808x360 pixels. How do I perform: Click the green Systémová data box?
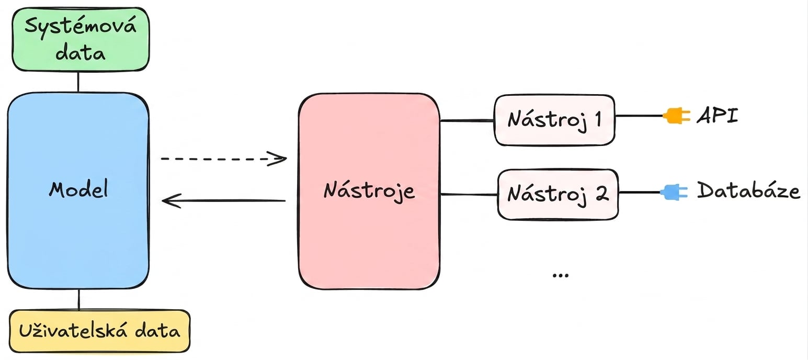[x=81, y=39]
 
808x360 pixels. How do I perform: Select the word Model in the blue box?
[x=78, y=189]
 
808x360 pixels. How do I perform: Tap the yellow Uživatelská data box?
[x=99, y=331]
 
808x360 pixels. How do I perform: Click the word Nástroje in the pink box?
[x=369, y=191]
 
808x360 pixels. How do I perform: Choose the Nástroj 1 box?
[x=554, y=120]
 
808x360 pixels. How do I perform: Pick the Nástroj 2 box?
[x=558, y=194]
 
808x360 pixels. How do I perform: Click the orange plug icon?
[x=676, y=116]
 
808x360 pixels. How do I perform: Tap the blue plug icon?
[x=674, y=192]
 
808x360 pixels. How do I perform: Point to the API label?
[x=718, y=116]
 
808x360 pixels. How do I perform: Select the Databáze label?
[x=748, y=190]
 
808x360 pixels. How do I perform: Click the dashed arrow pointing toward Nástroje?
[x=224, y=159]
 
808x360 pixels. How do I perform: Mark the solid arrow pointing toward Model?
[x=224, y=200]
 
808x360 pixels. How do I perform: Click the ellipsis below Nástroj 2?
[x=560, y=276]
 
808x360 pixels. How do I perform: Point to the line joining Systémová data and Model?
[x=78, y=82]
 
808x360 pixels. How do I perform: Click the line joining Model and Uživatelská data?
[x=79, y=299]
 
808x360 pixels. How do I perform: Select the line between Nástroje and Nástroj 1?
[x=467, y=120]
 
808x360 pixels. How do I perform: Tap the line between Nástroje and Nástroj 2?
[x=469, y=195]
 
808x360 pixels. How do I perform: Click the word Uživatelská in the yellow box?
[x=73, y=331]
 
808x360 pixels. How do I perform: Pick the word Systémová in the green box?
[x=81, y=26]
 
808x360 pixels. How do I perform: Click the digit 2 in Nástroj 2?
[x=601, y=194]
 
